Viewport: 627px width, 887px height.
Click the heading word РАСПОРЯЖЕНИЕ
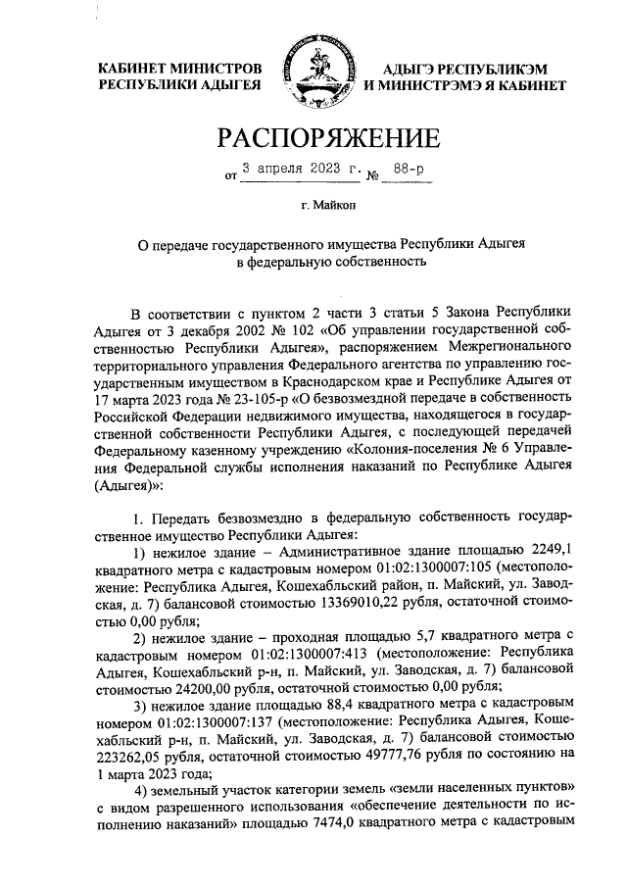[313, 136]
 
